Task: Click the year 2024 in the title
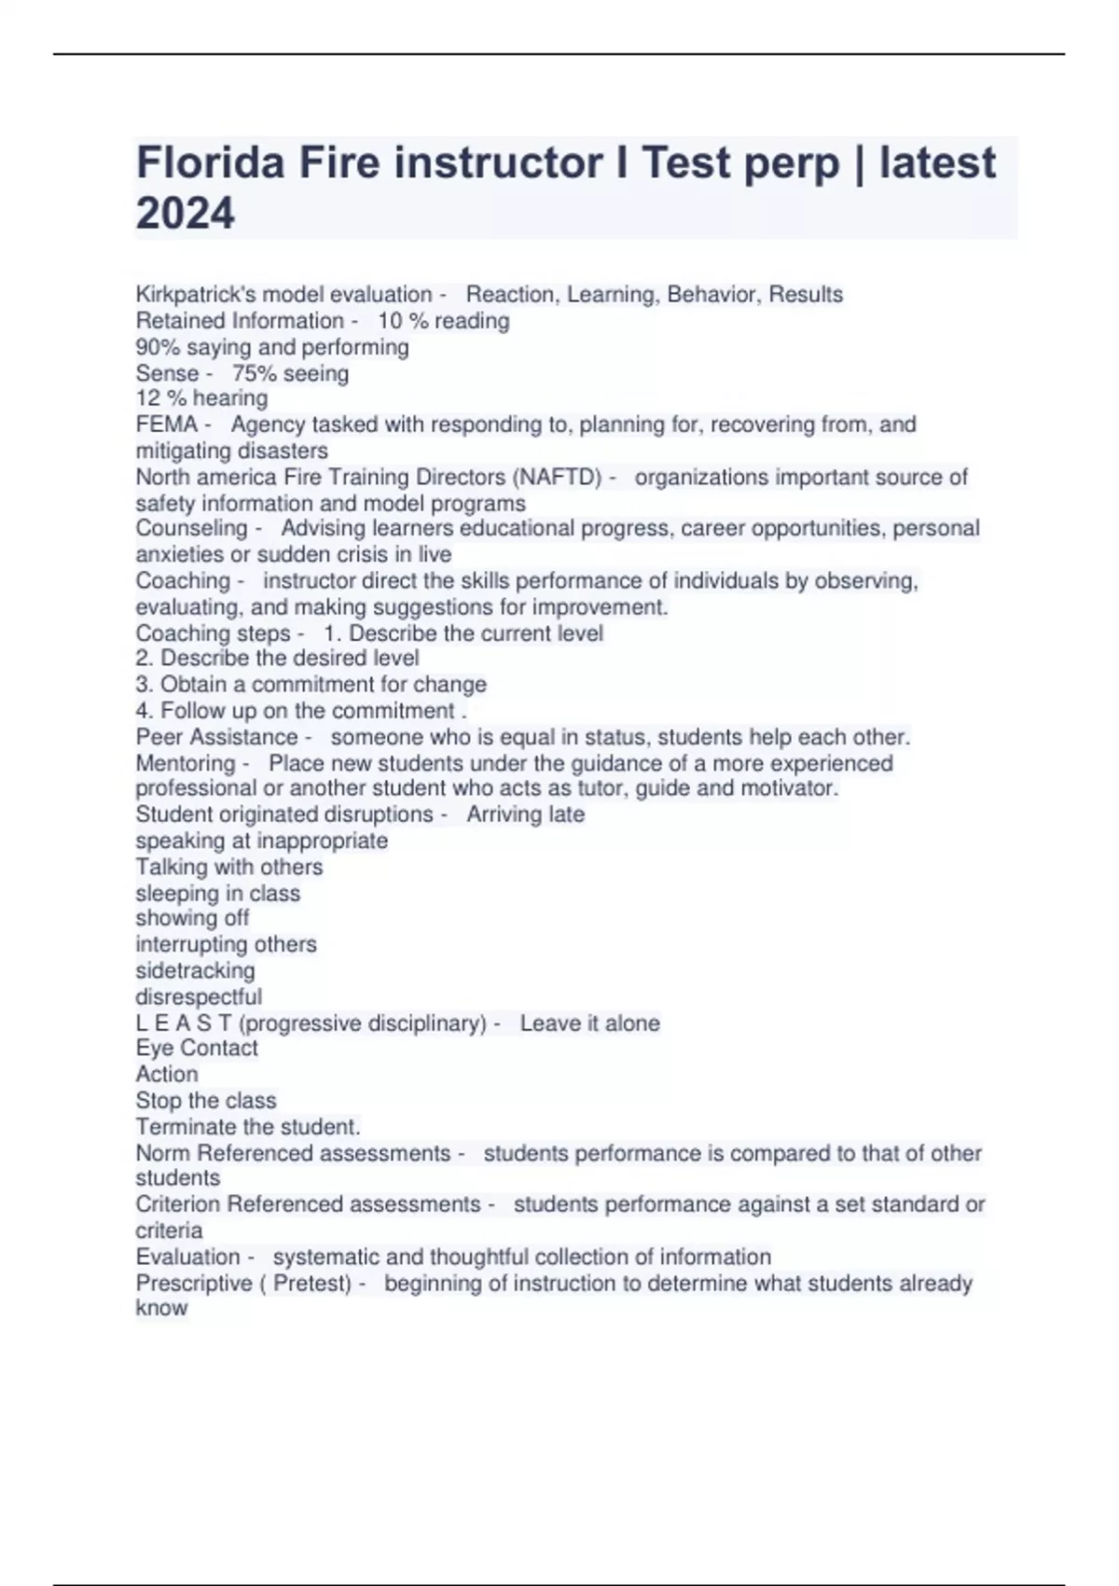point(185,214)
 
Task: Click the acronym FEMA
point(166,424)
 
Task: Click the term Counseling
point(191,528)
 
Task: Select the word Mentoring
point(186,763)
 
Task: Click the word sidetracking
point(195,970)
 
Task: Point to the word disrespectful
point(199,996)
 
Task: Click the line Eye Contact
point(197,1048)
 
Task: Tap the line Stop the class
point(206,1100)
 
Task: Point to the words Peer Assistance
point(216,737)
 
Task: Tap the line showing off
point(192,918)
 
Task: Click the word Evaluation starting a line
point(187,1257)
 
